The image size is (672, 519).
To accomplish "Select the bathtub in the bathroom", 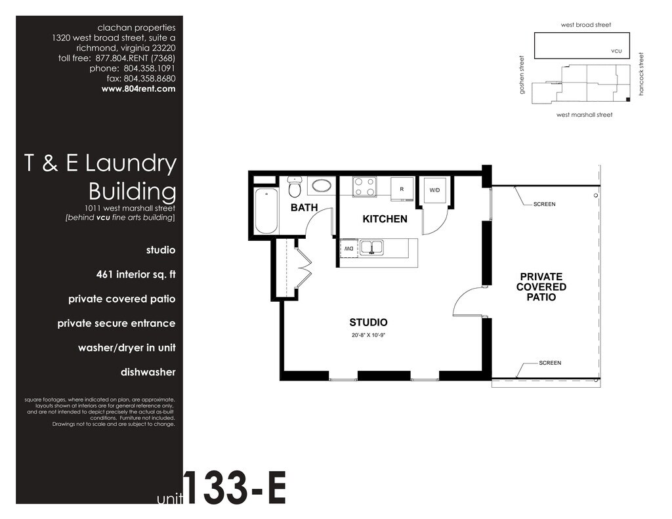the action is [x=266, y=210].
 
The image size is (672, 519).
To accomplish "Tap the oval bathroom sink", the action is [x=321, y=186].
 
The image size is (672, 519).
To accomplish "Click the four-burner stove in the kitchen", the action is [x=365, y=187].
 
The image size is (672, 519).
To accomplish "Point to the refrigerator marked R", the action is [x=402, y=188].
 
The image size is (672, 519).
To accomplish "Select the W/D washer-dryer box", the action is [x=434, y=190].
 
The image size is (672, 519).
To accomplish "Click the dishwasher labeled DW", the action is [x=349, y=249].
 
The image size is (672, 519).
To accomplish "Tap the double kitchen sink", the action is [x=371, y=247].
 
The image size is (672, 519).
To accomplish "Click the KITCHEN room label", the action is [x=385, y=219].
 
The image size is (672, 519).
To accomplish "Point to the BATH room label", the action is [x=304, y=207].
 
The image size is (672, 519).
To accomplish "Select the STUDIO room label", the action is [x=369, y=322].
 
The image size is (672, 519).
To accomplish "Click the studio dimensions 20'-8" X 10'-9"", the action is [x=369, y=335].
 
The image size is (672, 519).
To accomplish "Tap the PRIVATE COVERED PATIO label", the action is [x=541, y=287].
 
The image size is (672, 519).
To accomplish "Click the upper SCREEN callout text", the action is [x=544, y=204].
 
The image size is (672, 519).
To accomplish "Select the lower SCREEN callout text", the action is [x=550, y=363].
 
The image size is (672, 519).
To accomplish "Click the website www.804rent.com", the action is [x=138, y=89].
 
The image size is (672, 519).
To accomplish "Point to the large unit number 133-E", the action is [x=235, y=488].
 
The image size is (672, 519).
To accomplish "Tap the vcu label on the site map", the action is [x=616, y=51].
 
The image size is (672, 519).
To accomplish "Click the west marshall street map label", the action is [x=585, y=115].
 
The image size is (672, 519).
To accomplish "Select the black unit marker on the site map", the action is [x=628, y=100].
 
